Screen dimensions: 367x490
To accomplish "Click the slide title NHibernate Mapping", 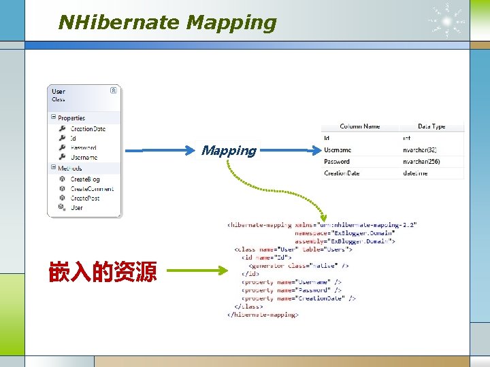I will coord(167,22).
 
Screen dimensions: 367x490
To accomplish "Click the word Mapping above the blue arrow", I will coord(229,150).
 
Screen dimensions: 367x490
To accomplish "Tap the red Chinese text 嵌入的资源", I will coord(102,272).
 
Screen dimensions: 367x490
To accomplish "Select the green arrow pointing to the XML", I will coord(197,271).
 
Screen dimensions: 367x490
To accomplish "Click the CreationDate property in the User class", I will coord(88,128).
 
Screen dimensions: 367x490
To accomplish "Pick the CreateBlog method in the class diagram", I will coord(85,179).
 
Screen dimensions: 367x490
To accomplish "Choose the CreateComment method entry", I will coord(92,189).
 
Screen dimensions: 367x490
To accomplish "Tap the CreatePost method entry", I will coord(85,198).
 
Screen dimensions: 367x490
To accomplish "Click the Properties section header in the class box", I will coord(71,118).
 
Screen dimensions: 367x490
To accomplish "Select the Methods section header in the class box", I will coord(69,168).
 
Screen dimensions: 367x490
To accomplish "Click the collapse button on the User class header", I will coord(114,90).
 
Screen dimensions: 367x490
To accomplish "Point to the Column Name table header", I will coord(360,126).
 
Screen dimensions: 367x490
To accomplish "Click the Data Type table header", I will coord(431,126).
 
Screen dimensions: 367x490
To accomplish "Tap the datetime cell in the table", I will coord(415,173).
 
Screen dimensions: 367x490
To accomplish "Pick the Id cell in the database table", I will coord(327,138).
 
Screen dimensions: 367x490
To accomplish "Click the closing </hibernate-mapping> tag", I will coord(263,315).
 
